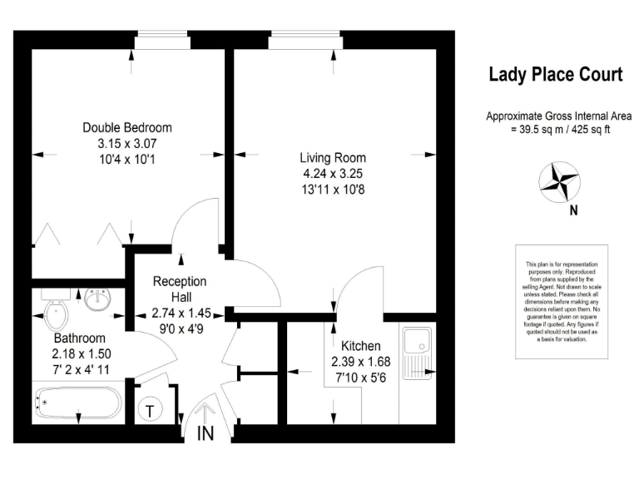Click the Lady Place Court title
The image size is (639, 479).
pos(554,75)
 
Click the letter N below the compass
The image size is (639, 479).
pos(572,210)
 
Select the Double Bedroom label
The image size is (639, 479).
pos(127,127)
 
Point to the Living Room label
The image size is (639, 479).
pos(333,158)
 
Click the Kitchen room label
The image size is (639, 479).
pos(360,346)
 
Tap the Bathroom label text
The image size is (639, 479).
pos(80,338)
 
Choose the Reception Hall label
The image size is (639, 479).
pos(180,289)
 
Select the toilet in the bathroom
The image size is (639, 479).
pos(55,314)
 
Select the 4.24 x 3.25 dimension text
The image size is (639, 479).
pos(333,174)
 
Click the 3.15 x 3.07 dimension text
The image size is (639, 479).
pos(127,143)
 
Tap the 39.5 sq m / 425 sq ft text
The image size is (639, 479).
pos(554,130)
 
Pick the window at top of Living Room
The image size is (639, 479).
pos(295,37)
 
